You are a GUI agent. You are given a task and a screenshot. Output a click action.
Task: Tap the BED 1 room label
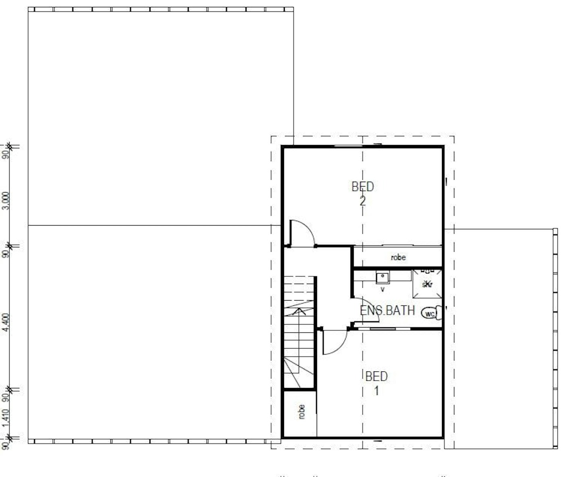point(376,383)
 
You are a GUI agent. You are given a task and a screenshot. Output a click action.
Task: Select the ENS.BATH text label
point(387,310)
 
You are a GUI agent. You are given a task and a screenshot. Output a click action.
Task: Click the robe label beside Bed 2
point(398,257)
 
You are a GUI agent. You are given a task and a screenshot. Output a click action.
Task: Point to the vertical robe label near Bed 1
point(301,412)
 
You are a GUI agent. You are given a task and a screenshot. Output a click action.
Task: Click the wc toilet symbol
point(429,313)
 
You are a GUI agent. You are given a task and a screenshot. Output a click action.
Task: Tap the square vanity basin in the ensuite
point(382,278)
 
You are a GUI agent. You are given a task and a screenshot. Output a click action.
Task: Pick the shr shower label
point(427,284)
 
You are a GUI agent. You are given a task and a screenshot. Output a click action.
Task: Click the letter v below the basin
point(382,289)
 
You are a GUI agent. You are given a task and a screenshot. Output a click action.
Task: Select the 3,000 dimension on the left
point(5,200)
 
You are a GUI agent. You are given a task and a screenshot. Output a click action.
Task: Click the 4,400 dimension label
point(5,323)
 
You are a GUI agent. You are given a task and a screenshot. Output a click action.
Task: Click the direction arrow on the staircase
point(299,311)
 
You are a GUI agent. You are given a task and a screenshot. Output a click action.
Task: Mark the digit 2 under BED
point(363,201)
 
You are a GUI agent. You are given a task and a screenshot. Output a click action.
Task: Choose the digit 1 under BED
point(377,390)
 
